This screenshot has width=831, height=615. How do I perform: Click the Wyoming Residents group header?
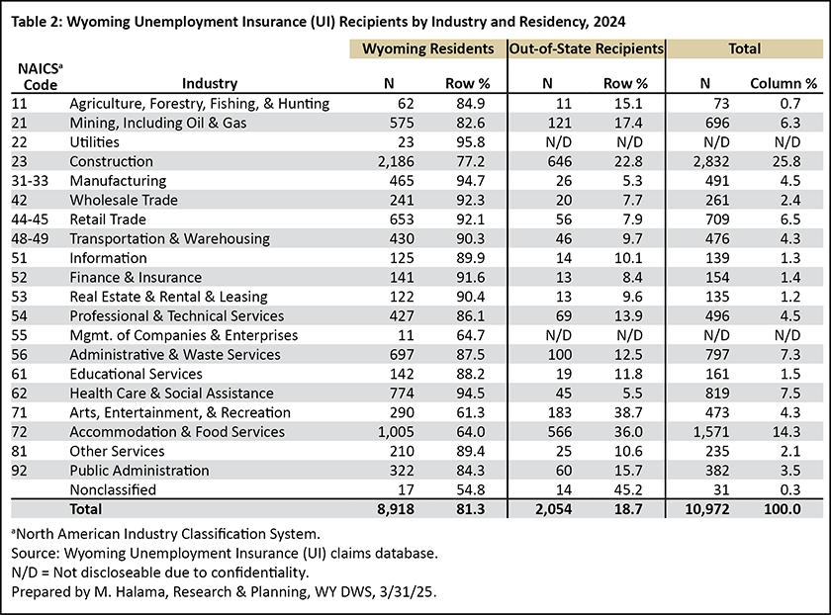click(427, 48)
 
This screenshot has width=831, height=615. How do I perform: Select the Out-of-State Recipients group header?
click(586, 48)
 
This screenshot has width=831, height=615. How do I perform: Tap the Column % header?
click(784, 83)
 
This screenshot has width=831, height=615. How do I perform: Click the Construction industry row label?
click(111, 161)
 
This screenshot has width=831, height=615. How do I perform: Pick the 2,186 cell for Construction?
click(396, 161)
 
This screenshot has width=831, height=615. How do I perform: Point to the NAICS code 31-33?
click(30, 181)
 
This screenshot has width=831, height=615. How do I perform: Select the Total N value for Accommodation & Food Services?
click(711, 432)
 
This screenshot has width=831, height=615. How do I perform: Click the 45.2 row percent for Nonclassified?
click(628, 489)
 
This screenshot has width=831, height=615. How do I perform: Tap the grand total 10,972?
click(707, 509)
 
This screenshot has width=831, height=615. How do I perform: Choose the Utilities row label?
click(94, 142)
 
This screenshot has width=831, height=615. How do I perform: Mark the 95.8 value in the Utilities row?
click(471, 142)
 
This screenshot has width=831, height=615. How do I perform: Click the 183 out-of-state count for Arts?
click(560, 412)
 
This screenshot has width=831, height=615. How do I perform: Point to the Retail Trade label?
click(108, 220)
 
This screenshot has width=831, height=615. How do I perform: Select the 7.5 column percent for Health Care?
click(790, 394)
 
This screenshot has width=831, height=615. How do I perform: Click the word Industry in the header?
click(210, 83)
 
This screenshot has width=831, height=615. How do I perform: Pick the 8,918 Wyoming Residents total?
click(396, 509)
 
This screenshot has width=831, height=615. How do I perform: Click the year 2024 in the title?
click(609, 22)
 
